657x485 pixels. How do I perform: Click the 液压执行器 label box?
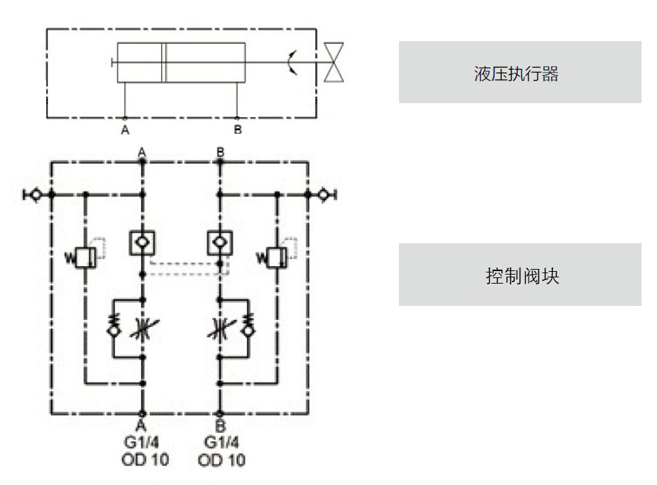point(520,72)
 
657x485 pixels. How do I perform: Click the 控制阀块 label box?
point(520,275)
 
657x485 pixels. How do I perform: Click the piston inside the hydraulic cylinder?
point(164,63)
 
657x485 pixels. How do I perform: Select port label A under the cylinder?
point(125,130)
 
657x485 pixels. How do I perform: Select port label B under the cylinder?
point(237,130)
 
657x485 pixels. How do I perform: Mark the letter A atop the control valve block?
point(142,152)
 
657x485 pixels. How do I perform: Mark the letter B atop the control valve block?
point(220,152)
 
